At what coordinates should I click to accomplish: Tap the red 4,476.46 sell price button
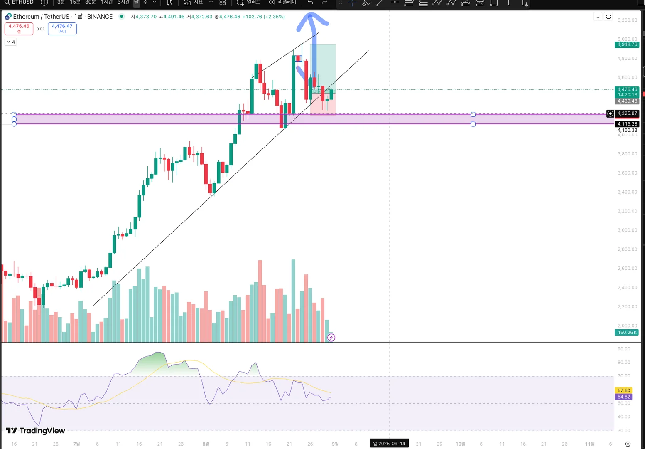pos(19,28)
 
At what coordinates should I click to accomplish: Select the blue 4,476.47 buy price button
pos(62,28)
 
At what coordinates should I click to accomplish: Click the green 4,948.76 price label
pos(627,44)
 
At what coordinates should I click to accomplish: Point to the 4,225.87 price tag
pos(627,113)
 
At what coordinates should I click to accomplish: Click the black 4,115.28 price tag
pos(627,124)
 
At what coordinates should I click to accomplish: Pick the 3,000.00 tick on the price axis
pos(627,230)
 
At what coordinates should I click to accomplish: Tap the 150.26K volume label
pos(627,333)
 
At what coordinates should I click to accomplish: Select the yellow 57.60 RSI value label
pos(624,390)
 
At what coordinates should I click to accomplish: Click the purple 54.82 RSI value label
pos(624,397)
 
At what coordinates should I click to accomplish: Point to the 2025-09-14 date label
pos(389,444)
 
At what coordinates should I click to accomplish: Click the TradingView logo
pos(36,431)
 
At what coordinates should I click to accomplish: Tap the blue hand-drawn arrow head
pos(311,19)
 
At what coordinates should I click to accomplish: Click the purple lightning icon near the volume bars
pos(331,338)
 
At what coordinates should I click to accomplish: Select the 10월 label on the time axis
pos(460,444)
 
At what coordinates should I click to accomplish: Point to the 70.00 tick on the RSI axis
pos(624,376)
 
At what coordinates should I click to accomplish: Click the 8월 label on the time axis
pos(206,444)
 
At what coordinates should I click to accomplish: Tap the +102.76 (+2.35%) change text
pos(264,17)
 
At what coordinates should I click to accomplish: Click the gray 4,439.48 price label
pos(627,101)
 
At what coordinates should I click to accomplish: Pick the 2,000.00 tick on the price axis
pos(627,326)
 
